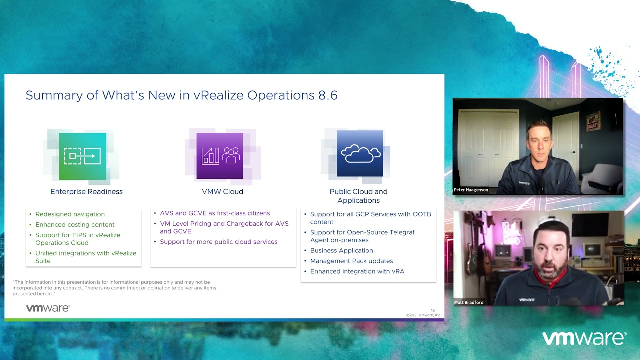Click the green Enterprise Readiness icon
point(83,156)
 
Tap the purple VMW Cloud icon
point(219,156)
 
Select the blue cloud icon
point(360,153)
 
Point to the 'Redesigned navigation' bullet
point(70,214)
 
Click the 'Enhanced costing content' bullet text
point(75,225)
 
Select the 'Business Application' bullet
point(341,250)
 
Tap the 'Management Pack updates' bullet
point(351,261)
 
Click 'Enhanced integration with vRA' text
point(357,271)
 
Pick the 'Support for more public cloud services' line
point(219,242)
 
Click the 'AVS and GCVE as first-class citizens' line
point(215,213)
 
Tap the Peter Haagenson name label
point(471,190)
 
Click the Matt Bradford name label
point(469,302)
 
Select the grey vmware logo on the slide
point(48,308)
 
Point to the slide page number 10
point(433,310)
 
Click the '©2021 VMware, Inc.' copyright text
point(424,315)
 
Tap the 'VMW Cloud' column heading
point(222,191)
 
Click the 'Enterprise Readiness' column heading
point(86,191)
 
